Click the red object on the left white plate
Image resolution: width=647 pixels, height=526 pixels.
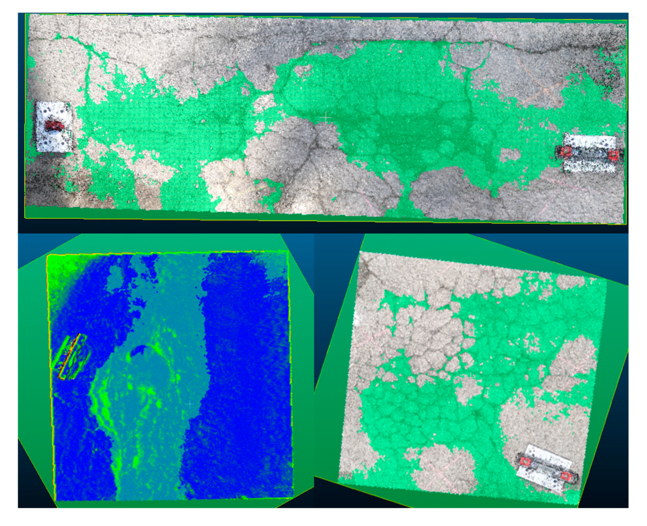tap(54, 125)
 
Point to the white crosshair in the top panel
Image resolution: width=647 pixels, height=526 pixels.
tap(326, 117)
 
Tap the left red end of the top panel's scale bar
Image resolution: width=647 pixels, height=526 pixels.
tap(566, 152)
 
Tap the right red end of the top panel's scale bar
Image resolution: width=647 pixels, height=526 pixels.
tap(614, 154)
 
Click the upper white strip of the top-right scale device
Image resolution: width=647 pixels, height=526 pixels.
tap(591, 141)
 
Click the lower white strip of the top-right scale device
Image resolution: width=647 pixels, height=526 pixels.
tap(589, 166)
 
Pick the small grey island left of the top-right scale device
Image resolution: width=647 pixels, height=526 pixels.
tap(510, 154)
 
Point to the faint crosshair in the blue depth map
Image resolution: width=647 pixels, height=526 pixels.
tap(190, 404)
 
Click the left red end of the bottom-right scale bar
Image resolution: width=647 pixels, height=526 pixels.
tap(525, 461)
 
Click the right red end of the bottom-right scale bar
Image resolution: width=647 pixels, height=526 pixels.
tap(567, 476)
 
